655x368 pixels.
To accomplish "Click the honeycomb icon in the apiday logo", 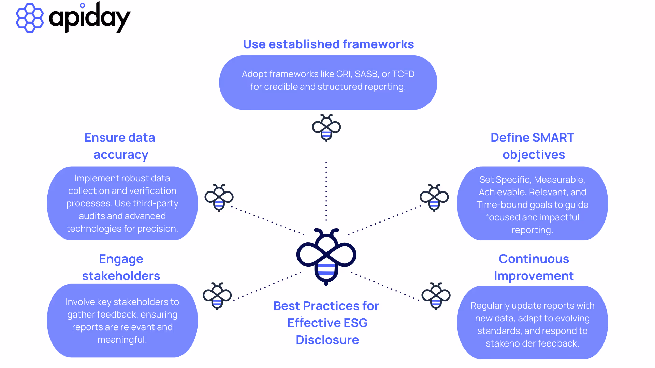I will [x=30, y=18].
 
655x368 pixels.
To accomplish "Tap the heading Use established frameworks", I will [x=328, y=44].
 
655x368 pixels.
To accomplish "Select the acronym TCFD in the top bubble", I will [x=403, y=74].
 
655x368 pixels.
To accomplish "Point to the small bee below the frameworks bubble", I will [x=326, y=128].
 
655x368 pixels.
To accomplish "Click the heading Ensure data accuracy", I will [x=120, y=146].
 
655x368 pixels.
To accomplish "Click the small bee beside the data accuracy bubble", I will [x=219, y=198].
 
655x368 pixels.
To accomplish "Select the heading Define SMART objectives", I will [x=533, y=146].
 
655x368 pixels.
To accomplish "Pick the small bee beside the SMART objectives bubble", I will [x=434, y=198].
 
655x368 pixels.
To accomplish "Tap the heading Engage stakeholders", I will [x=121, y=267].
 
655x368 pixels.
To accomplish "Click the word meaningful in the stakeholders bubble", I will [x=122, y=340].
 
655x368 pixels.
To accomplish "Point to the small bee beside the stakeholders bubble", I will [x=217, y=296].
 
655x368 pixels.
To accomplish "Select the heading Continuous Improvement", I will [x=534, y=267].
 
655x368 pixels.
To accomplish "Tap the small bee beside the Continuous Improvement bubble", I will [x=436, y=296].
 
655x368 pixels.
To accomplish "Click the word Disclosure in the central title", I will [x=327, y=340].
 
